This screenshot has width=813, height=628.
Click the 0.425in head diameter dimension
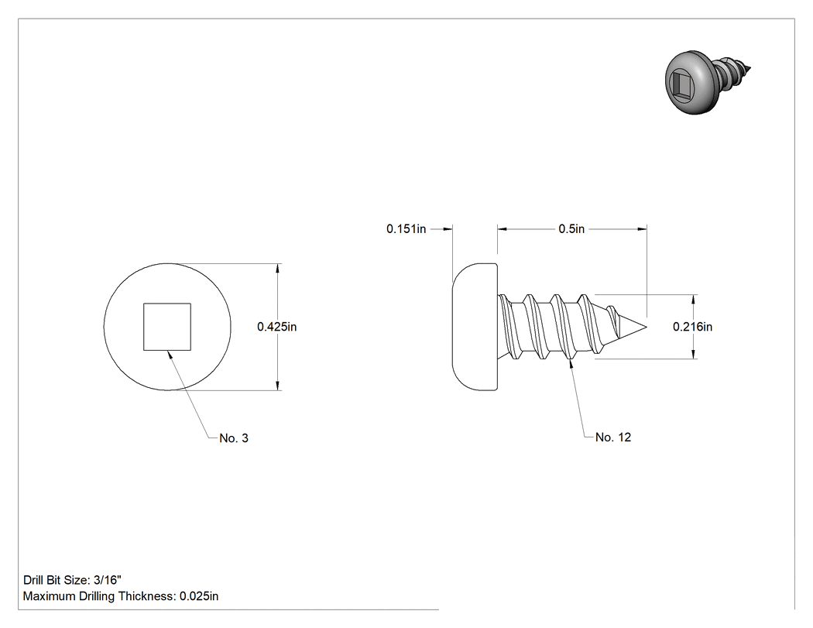[x=277, y=327]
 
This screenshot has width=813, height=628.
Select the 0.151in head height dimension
[x=406, y=228]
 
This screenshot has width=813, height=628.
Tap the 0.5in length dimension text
[x=571, y=228]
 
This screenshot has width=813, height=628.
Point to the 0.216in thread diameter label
[x=693, y=327]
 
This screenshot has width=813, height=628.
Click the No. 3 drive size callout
[x=234, y=438]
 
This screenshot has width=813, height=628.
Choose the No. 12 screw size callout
[x=613, y=438]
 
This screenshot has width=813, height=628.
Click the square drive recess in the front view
[x=167, y=327]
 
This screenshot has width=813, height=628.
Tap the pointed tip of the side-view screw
[x=646, y=327]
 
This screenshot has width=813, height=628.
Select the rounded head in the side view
[x=475, y=327]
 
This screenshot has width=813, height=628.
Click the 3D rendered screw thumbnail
[x=707, y=82]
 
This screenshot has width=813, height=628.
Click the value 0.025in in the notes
[x=199, y=596]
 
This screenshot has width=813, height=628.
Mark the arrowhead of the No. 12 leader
[x=571, y=363]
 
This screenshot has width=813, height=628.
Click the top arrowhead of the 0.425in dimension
[x=278, y=268]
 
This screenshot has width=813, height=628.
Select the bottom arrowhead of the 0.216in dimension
[x=694, y=354]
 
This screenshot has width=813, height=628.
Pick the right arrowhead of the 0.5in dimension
[x=642, y=228]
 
